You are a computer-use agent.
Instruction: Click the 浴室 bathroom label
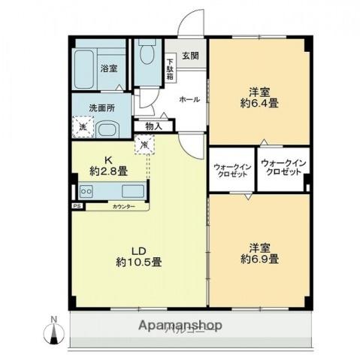[109, 68]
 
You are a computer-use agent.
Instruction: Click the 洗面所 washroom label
[99, 108]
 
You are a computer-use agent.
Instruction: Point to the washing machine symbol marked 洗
[82, 126]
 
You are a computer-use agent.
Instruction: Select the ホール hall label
[188, 99]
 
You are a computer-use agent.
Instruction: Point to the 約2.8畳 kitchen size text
[109, 171]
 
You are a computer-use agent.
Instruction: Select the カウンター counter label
[123, 205]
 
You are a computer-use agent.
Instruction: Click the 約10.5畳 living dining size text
[138, 262]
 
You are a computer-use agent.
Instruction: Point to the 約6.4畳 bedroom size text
[260, 103]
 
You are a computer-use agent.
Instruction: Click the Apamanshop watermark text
[180, 326]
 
